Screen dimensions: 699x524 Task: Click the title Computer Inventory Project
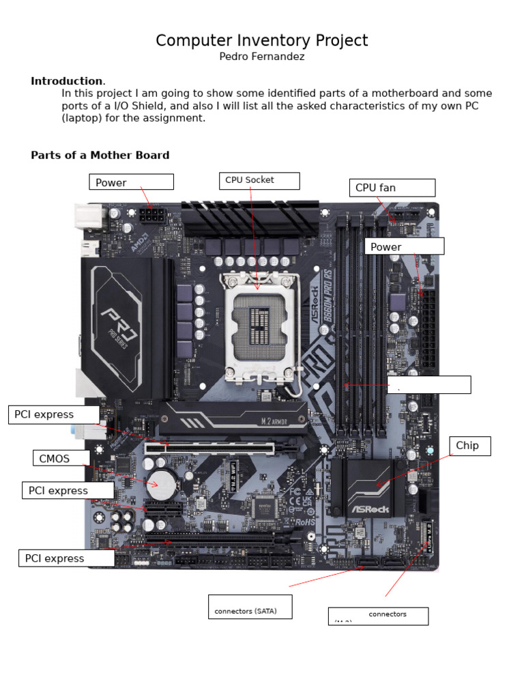261,41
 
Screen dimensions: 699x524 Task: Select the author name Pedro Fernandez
261,57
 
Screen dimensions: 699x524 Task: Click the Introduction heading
66,81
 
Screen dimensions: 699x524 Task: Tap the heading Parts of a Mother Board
100,155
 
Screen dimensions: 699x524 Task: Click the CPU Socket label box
259,180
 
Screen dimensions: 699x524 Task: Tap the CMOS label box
61,458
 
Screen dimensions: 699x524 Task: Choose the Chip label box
469,446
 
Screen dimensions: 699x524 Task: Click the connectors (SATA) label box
250,607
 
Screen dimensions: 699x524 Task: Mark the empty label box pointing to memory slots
428,384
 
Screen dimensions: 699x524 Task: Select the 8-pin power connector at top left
151,216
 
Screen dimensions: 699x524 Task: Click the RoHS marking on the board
304,522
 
